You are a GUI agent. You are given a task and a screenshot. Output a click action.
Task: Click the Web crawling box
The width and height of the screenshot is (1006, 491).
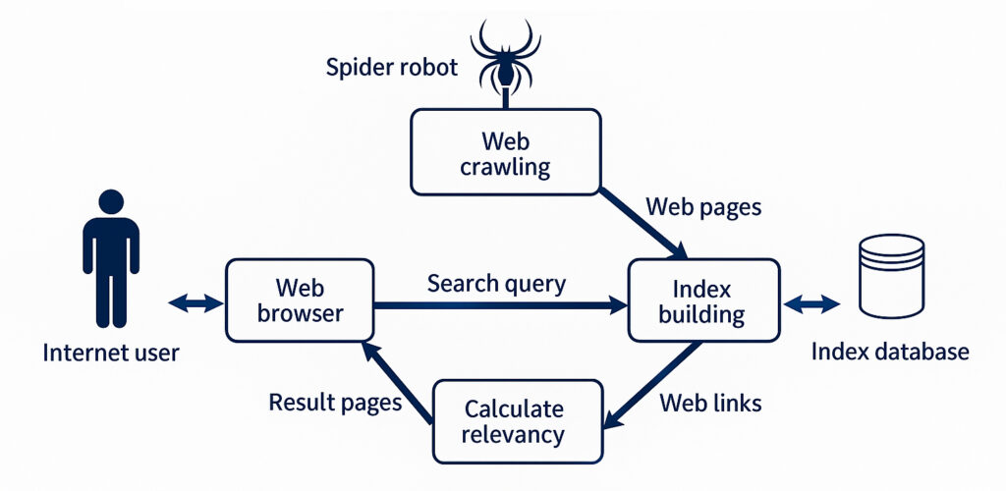click(x=506, y=152)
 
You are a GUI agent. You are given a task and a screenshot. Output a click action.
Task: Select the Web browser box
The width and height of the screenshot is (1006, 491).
click(x=300, y=300)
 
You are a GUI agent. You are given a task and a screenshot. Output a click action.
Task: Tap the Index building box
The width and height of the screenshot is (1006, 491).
click(x=703, y=300)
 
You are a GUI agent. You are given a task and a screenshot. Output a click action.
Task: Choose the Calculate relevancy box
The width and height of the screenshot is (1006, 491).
click(x=518, y=421)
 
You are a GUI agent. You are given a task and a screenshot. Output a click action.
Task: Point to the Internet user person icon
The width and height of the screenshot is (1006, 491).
click(x=111, y=258)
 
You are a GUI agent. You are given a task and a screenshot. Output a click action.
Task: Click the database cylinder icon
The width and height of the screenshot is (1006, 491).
click(x=891, y=276)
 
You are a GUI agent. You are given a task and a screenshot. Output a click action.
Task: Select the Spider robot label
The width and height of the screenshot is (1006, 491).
click(x=391, y=68)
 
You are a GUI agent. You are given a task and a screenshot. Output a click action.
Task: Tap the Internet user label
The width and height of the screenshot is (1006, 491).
click(x=111, y=353)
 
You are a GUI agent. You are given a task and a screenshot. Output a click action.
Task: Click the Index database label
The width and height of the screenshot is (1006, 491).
click(x=890, y=352)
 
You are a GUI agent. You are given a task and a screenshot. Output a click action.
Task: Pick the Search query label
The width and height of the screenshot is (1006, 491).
click(x=496, y=284)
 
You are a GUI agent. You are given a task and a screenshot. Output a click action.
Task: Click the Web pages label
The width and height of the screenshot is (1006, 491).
click(x=703, y=207)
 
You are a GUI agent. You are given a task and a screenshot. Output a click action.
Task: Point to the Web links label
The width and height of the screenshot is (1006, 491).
click(x=711, y=404)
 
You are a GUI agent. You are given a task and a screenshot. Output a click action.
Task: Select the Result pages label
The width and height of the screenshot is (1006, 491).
click(x=335, y=403)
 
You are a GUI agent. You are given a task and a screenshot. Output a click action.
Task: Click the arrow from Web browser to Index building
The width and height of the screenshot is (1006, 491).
click(x=501, y=305)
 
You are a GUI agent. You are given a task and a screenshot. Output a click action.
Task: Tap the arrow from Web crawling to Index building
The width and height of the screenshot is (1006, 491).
click(x=643, y=223)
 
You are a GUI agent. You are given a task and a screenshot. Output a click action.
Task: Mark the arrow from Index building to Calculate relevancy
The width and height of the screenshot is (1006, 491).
click(x=652, y=385)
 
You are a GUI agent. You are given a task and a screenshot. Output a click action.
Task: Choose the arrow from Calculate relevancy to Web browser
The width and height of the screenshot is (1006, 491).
click(x=397, y=382)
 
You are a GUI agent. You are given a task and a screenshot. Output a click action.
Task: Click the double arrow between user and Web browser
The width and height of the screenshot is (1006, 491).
click(x=196, y=302)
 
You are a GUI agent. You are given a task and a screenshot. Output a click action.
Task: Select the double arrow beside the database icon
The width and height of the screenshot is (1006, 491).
click(x=811, y=303)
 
